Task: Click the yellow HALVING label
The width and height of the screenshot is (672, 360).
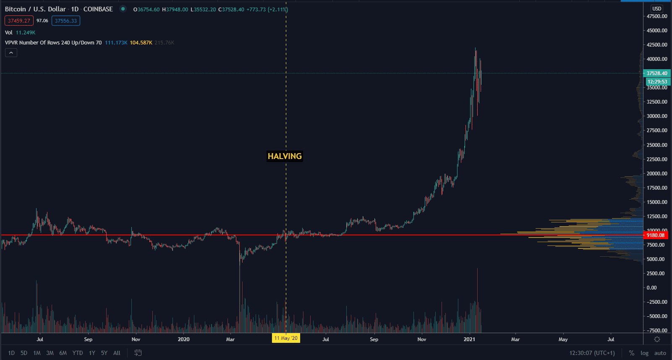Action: [285, 156]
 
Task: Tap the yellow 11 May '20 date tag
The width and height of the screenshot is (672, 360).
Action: [286, 338]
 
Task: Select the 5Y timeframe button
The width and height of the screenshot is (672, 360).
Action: [104, 353]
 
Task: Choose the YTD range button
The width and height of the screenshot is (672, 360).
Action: [78, 353]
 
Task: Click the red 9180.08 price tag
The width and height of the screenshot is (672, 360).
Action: [656, 235]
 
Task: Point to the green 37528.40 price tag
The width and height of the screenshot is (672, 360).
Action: [657, 73]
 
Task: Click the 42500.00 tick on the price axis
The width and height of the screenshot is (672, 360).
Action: [657, 45]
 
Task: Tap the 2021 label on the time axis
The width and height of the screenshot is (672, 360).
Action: [469, 339]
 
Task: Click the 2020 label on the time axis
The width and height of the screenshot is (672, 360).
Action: [183, 339]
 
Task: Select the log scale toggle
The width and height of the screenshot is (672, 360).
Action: [644, 353]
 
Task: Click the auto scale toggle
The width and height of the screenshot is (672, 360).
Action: [660, 353]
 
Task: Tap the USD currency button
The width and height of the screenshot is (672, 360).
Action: [657, 9]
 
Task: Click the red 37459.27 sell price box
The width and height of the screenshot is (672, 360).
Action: [19, 21]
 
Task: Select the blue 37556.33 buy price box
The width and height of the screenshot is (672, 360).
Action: [66, 21]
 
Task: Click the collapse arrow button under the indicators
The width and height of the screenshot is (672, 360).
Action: [11, 52]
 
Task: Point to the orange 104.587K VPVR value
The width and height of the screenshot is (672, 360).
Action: [141, 43]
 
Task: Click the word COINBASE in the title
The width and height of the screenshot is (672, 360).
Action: [98, 9]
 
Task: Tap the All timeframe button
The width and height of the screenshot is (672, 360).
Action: [117, 353]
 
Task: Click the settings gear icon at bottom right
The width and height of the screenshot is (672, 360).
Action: [657, 339]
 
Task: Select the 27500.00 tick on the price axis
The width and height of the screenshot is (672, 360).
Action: [657, 130]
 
